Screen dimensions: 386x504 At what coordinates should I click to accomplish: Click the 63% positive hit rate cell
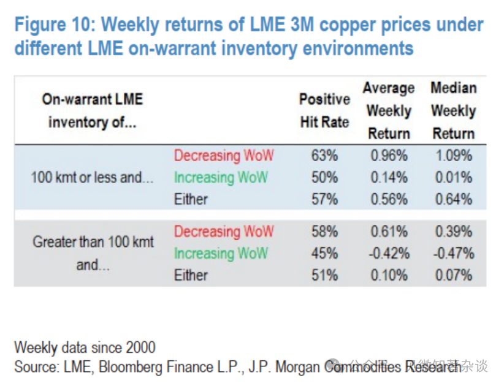(x=324, y=156)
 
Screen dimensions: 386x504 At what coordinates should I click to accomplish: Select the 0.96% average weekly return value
(x=389, y=156)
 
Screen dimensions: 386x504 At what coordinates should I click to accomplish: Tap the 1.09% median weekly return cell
(x=453, y=156)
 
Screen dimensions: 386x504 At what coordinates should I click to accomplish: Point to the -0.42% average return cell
(x=388, y=254)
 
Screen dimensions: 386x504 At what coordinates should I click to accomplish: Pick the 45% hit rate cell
(x=324, y=254)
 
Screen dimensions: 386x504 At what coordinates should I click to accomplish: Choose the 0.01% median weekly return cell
(x=453, y=178)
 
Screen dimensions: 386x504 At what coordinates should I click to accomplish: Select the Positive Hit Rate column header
(x=324, y=111)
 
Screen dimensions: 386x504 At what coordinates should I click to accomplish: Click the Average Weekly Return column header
(x=389, y=111)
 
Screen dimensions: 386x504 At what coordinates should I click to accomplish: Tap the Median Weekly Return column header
(x=453, y=111)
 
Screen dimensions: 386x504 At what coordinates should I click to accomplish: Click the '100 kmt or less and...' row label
(x=92, y=178)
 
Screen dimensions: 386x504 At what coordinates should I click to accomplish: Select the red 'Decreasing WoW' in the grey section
(x=224, y=232)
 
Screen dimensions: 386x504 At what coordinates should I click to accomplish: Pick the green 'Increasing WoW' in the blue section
(x=221, y=178)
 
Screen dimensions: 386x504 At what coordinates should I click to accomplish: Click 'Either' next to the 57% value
(x=191, y=199)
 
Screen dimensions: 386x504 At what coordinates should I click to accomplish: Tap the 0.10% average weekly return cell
(x=389, y=275)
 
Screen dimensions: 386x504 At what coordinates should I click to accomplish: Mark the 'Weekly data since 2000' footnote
(x=85, y=348)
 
